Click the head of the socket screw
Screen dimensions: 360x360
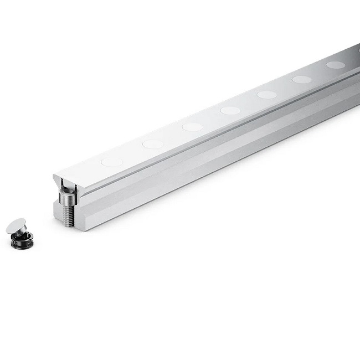click(67, 195)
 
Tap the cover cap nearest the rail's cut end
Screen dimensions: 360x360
click(112, 162)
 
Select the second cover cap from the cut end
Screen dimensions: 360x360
click(152, 144)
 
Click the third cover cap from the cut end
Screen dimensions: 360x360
click(192, 127)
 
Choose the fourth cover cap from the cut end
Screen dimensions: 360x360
click(230, 110)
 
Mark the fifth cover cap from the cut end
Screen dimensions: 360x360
click(266, 95)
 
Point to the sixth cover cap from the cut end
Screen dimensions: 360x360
click(302, 79)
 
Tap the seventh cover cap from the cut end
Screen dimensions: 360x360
click(335, 65)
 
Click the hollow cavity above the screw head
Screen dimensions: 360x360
click(66, 185)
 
